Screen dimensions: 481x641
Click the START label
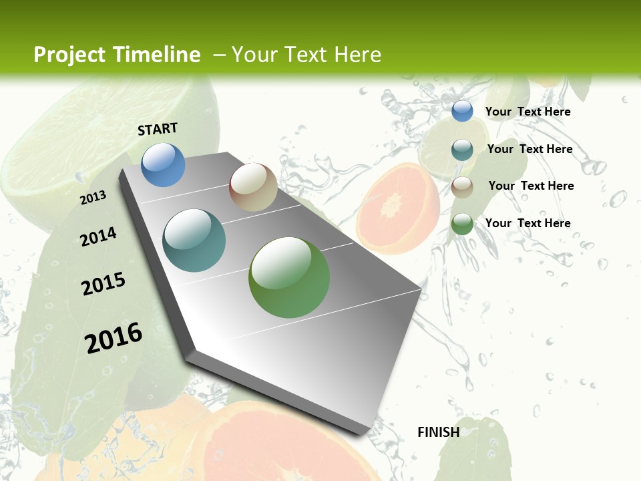158,129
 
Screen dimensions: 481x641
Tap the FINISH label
438,432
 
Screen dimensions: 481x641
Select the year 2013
93,197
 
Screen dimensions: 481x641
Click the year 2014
98,236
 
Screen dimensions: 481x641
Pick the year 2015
103,283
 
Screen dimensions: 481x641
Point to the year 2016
114,337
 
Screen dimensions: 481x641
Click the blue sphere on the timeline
163,164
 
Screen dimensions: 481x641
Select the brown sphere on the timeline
253,187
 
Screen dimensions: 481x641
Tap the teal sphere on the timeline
194,240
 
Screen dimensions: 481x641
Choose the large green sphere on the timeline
289,277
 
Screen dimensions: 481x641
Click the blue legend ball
462,111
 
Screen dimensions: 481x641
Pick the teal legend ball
462,149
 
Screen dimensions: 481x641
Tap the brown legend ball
462,186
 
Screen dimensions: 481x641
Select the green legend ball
462,224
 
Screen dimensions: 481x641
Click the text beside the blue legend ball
527,112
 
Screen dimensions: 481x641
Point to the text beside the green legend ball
527,223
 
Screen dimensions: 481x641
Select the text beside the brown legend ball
531,186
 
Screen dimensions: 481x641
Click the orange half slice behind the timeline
398,207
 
